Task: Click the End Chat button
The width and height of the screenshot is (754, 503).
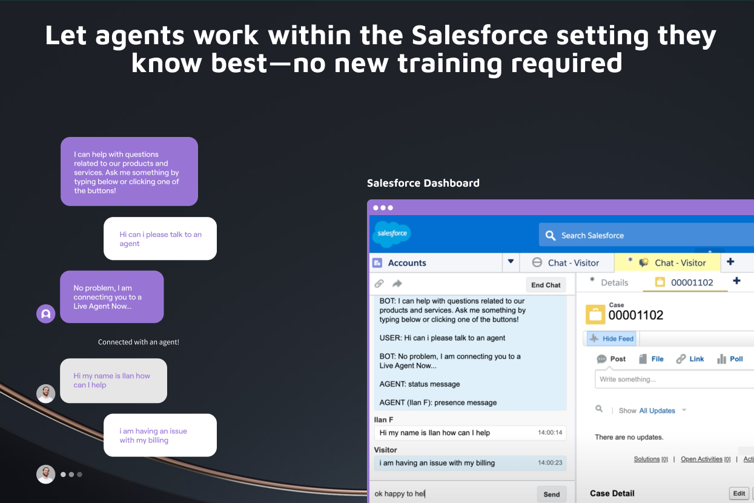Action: point(546,285)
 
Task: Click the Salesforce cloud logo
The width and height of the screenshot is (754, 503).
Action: point(391,234)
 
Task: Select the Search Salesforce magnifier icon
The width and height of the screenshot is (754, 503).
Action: point(550,235)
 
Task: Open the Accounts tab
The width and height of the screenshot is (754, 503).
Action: point(406,263)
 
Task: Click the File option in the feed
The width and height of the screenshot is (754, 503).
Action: point(651,359)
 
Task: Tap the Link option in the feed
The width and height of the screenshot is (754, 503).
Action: point(690,359)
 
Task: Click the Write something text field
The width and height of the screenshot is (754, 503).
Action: point(672,379)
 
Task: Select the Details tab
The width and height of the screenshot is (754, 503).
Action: point(614,282)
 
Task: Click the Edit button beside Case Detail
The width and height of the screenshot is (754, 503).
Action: point(739,493)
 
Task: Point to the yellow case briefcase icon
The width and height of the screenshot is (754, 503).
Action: point(595,315)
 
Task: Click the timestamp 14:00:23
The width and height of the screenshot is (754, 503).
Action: point(550,463)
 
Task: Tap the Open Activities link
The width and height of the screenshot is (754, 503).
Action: point(701,459)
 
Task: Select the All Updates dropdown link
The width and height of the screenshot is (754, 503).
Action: point(657,411)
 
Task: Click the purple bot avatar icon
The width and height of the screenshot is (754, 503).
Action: point(46,314)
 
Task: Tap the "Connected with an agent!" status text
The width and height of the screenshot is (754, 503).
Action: point(139,342)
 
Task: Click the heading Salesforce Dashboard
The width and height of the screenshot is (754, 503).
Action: point(423,183)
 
